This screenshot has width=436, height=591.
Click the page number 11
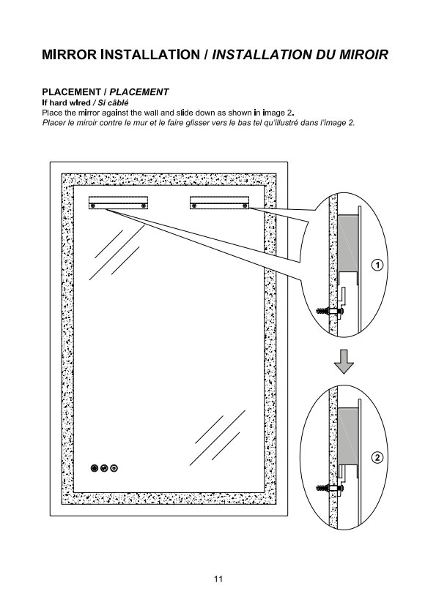coord(218,579)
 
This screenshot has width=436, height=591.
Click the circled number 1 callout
coord(377,266)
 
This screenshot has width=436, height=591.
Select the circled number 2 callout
coord(377,458)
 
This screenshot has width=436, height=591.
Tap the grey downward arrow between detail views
coord(344,361)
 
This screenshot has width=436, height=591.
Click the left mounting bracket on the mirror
coord(118,203)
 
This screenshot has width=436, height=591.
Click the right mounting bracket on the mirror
coord(219,203)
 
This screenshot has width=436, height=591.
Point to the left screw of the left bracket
coord(93,206)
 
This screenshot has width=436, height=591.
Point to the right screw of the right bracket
coord(245,206)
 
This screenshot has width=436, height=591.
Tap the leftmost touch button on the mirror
coord(95,468)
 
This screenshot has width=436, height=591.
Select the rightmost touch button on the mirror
coord(114,468)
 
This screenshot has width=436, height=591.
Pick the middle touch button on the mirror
coord(105,468)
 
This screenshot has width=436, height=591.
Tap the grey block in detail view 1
coord(347,243)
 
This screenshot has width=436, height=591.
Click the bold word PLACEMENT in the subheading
coord(71,92)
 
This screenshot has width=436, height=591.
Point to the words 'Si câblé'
coord(113,102)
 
